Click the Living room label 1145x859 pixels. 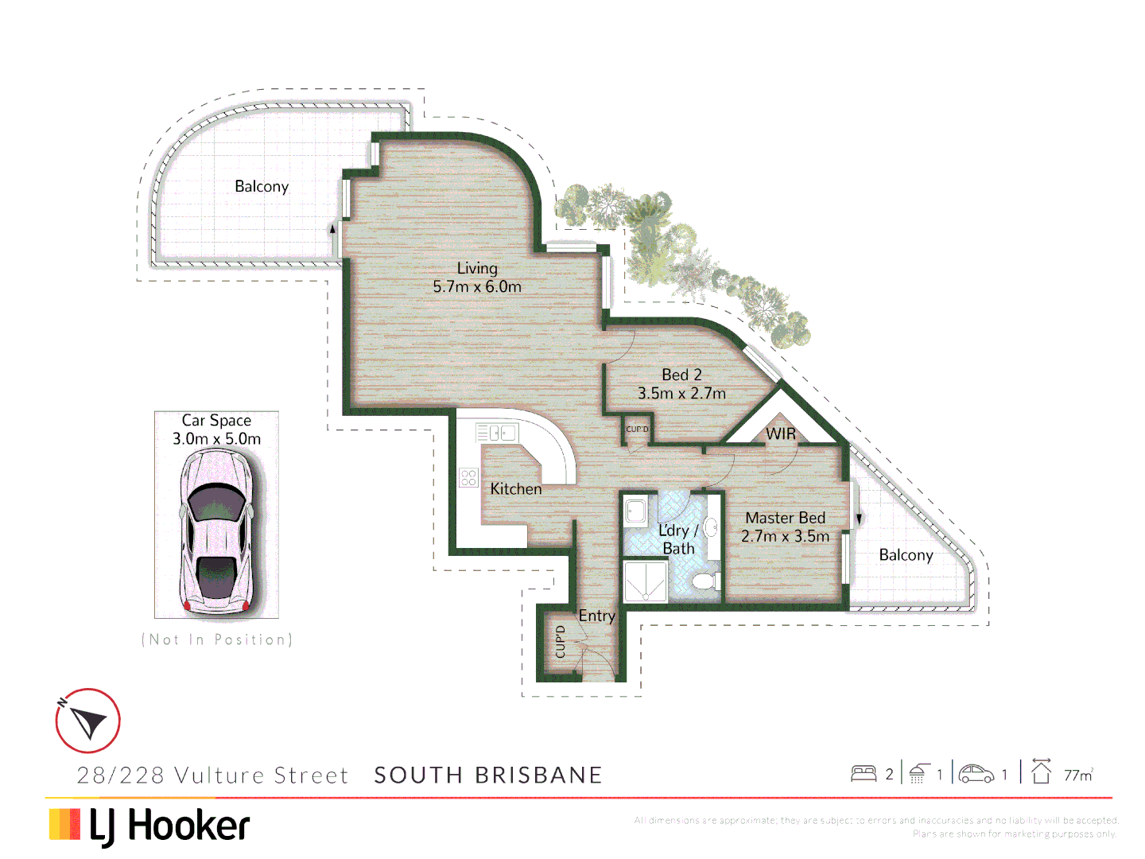(477, 268)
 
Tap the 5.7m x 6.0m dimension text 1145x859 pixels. (477, 287)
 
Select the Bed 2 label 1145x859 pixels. (681, 375)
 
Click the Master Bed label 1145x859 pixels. (785, 518)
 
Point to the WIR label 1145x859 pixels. (780, 433)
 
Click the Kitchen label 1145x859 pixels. (515, 489)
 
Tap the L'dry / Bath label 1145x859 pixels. (677, 539)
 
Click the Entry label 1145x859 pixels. (596, 616)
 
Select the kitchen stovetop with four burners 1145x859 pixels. (468, 477)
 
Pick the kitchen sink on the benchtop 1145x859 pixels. (498, 433)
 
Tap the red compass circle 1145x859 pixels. (87, 721)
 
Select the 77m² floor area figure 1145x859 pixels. (1078, 775)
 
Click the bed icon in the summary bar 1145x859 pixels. (864, 773)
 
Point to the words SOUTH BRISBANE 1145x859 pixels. (488, 775)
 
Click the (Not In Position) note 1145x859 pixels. (216, 639)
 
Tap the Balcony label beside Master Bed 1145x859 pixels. (906, 555)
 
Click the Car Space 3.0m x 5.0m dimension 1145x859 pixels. (216, 439)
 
